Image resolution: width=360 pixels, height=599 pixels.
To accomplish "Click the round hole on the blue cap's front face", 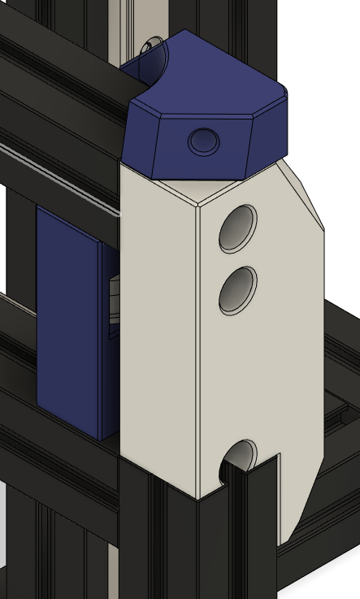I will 203,142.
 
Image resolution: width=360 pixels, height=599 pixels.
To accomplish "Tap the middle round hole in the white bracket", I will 237,290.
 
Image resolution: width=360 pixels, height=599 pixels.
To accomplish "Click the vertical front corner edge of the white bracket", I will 198,349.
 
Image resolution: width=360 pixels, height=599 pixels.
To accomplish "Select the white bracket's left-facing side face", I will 158,325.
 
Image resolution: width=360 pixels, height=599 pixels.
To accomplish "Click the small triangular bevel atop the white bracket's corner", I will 199,196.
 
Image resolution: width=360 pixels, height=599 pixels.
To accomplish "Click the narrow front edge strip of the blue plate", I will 103,341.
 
